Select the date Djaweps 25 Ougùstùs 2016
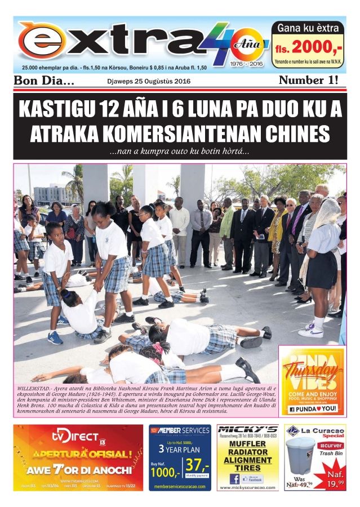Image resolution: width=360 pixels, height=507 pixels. [x=149, y=81]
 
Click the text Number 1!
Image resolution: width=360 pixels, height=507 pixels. [x=309, y=81]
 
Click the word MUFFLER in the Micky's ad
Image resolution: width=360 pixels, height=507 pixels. [x=247, y=443]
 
